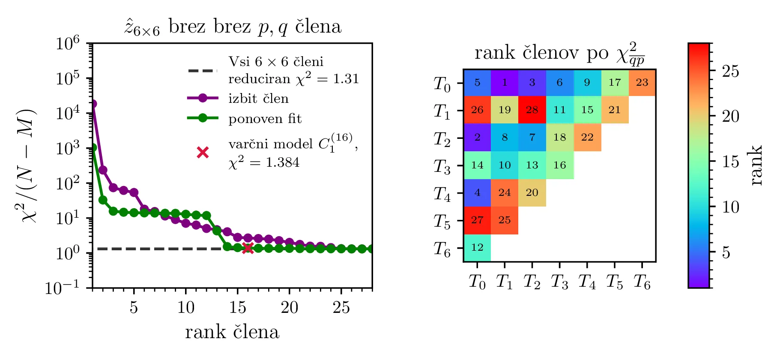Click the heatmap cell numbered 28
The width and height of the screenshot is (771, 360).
pyautogui.click(x=532, y=110)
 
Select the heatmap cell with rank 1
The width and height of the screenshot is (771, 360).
pyautogui.click(x=505, y=82)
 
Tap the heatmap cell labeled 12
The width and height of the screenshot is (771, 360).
pyautogui.click(x=477, y=247)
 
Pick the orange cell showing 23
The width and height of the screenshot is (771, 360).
pyautogui.click(x=642, y=82)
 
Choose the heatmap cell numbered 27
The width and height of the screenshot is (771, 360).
pyautogui.click(x=477, y=220)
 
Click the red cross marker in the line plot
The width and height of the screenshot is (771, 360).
pyautogui.click(x=248, y=248)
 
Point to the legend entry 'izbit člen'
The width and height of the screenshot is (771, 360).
pyautogui.click(x=258, y=99)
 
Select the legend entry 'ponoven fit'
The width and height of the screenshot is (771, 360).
pyautogui.click(x=265, y=119)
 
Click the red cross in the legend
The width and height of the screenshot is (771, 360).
pyautogui.click(x=203, y=152)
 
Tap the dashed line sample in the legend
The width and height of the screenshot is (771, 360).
pyautogui.click(x=203, y=70)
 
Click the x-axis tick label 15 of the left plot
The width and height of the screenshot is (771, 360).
pyautogui.click(x=237, y=307)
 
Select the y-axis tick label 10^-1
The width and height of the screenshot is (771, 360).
pyautogui.click(x=63, y=288)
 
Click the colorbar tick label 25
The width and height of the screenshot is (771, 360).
pyautogui.click(x=730, y=71)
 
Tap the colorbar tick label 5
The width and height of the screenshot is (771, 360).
pyautogui.click(x=726, y=253)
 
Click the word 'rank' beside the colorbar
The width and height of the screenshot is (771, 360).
pyautogui.click(x=756, y=165)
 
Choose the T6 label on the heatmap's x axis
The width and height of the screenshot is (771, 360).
pyautogui.click(x=642, y=282)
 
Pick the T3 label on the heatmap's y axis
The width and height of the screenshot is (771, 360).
pyautogui.click(x=442, y=165)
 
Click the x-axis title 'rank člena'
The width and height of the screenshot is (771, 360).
pyautogui.click(x=232, y=332)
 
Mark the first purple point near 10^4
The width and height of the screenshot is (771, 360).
pyautogui.click(x=93, y=104)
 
